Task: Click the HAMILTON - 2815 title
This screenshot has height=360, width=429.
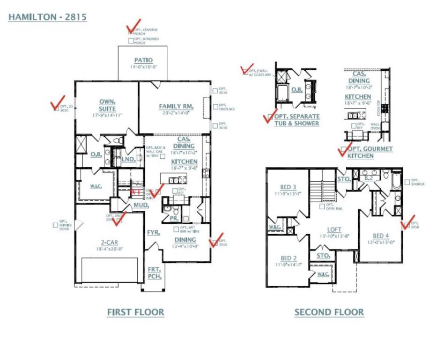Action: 48,17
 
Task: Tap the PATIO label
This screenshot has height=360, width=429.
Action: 143,60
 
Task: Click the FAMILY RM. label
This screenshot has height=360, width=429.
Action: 176,106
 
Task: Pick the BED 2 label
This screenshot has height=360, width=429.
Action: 287,258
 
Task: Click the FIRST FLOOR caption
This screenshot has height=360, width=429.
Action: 136,312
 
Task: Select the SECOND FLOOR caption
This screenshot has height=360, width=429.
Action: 329,312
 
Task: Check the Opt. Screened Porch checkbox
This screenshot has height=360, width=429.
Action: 131,41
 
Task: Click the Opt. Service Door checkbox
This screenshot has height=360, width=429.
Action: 56,225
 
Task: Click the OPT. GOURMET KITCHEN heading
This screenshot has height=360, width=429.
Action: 370,152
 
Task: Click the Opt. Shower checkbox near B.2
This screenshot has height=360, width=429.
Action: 408,182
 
